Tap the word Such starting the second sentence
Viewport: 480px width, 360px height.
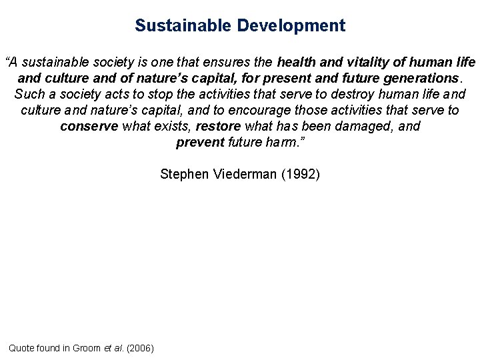(x=27, y=95)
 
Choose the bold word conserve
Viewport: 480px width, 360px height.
(x=89, y=126)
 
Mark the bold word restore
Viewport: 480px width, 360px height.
(x=219, y=126)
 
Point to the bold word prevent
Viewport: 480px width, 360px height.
(x=200, y=142)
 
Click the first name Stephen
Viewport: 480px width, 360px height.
(x=185, y=175)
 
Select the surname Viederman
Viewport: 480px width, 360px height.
(x=245, y=175)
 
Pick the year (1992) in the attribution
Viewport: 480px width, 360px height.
(x=301, y=175)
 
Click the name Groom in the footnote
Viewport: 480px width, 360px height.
(x=86, y=348)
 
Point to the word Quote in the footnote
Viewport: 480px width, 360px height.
(x=21, y=348)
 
